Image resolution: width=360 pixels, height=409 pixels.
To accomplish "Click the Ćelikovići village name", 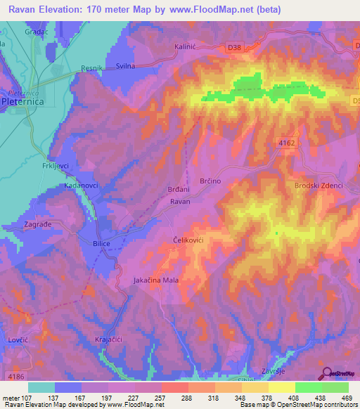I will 188,240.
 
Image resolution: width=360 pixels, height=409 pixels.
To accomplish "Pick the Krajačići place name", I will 110,339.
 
